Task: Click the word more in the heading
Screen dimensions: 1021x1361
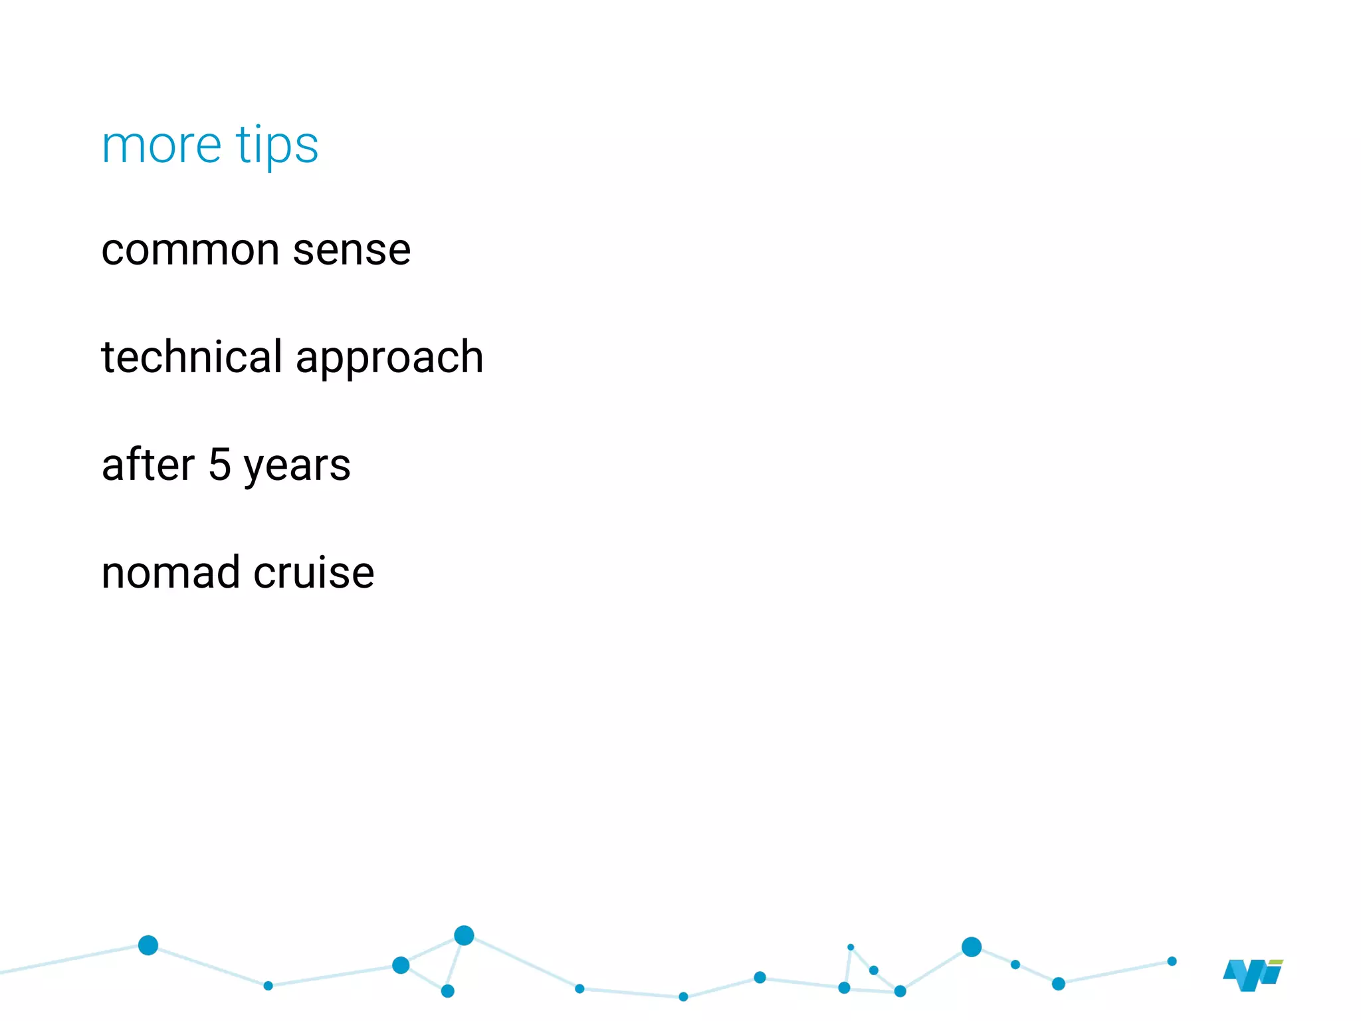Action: (x=161, y=146)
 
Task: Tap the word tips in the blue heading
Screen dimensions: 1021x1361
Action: (x=277, y=146)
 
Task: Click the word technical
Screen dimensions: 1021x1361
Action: (x=192, y=357)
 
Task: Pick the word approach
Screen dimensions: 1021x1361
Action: (x=389, y=359)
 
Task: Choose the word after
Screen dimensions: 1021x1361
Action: (x=148, y=465)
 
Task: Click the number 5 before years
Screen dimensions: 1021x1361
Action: (x=220, y=465)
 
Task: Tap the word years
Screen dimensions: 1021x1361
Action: (x=297, y=467)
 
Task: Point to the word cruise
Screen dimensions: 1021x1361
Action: (x=314, y=572)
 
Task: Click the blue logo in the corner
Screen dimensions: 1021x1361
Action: (x=1252, y=975)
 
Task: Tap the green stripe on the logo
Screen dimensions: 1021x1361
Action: (x=1276, y=962)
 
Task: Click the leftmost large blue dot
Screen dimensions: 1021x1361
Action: (x=148, y=945)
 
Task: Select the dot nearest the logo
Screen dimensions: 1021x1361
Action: (x=1172, y=961)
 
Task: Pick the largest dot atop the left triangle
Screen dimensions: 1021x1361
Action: (x=464, y=935)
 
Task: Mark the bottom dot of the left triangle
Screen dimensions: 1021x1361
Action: (x=448, y=991)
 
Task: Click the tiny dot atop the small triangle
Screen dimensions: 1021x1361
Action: (x=851, y=947)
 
